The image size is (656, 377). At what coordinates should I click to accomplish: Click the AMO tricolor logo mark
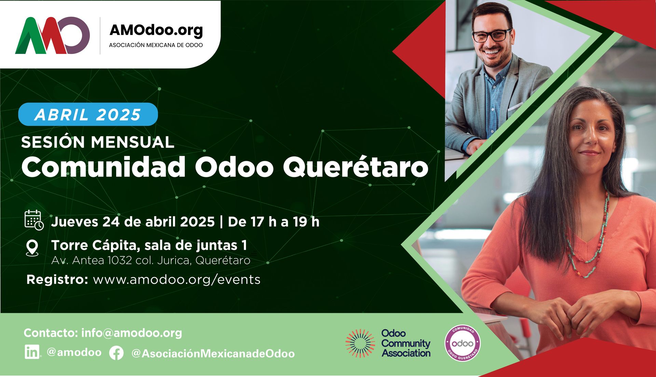(x=52, y=35)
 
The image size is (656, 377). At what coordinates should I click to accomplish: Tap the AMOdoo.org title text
(x=156, y=30)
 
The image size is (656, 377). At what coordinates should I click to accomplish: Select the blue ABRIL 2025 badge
(x=88, y=114)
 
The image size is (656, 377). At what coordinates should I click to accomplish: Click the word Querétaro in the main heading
(x=355, y=167)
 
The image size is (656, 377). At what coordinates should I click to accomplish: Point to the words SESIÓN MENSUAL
(x=98, y=142)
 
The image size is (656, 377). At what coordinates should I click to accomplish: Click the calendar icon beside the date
(x=34, y=220)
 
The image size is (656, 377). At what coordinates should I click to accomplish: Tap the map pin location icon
(x=32, y=248)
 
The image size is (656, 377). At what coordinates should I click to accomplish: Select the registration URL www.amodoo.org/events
(x=177, y=280)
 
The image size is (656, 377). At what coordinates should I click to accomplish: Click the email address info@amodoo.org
(x=132, y=333)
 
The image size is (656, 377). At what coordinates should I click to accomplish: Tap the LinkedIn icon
(x=32, y=352)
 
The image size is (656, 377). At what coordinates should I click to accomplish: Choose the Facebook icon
(x=116, y=353)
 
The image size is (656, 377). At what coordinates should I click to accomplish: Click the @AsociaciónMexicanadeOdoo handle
(x=213, y=353)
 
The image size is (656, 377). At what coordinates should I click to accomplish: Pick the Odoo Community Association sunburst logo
(x=360, y=343)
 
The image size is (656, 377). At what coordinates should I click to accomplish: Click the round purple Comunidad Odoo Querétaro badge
(x=463, y=343)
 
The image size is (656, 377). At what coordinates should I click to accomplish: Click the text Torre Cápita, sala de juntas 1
(x=149, y=245)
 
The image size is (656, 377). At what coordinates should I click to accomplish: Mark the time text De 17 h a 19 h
(x=274, y=222)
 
